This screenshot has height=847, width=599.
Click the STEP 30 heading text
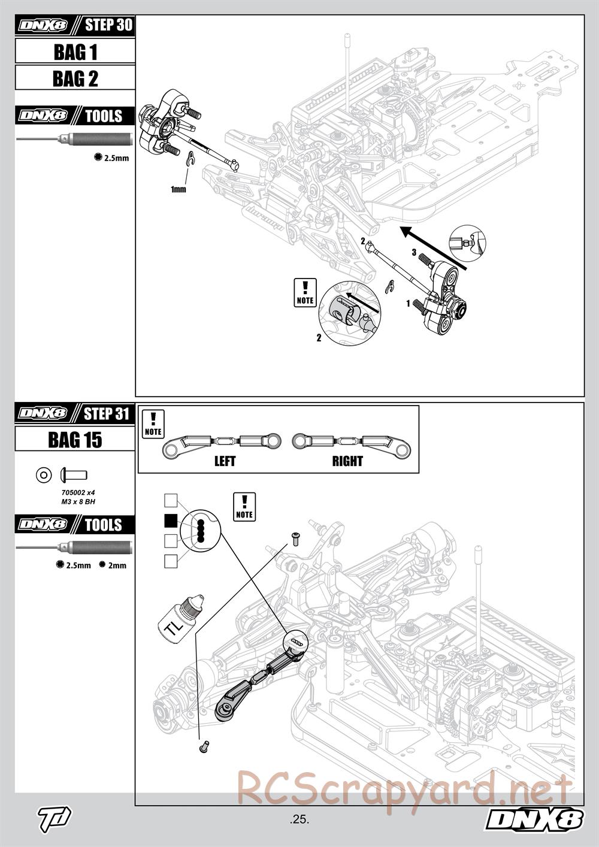108,25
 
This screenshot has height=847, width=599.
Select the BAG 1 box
75,51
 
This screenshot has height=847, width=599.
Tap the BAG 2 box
75,78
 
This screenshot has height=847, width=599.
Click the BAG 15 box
75,439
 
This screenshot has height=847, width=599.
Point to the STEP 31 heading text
106,414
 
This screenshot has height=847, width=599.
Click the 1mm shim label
179,189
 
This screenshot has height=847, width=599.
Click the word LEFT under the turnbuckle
225,461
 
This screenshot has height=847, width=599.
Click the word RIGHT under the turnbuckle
347,461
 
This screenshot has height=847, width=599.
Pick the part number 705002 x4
77,493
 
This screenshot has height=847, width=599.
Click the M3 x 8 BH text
77,502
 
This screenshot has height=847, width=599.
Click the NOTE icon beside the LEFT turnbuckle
153,424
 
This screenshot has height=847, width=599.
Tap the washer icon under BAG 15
44,475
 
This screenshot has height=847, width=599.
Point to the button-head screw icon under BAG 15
74,474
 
